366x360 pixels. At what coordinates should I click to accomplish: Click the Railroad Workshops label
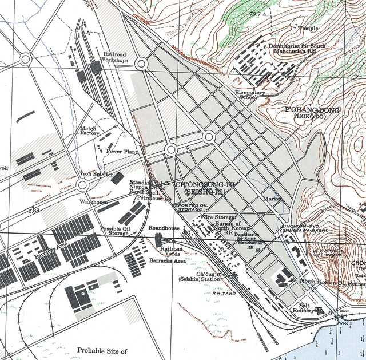tap(114, 57)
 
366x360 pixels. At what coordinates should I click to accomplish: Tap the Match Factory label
tap(89, 131)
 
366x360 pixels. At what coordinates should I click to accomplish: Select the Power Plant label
tap(122, 152)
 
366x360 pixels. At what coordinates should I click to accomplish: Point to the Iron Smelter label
tap(97, 174)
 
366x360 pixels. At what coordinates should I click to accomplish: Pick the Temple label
tap(308, 27)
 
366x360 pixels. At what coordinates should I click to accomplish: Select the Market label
tap(273, 199)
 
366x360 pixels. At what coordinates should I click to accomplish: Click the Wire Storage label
tap(216, 217)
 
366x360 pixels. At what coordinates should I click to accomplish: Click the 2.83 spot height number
tap(34, 211)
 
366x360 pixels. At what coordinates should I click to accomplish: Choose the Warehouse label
tap(93, 202)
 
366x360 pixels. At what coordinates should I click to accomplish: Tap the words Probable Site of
tap(102, 350)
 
